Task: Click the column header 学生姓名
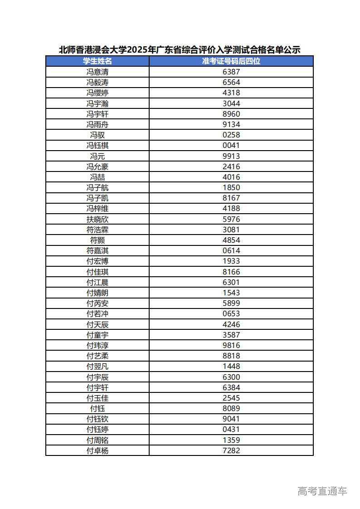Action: tap(97, 61)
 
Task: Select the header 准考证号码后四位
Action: tap(231, 61)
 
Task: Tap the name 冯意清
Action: tap(97, 72)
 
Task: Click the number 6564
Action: tap(231, 82)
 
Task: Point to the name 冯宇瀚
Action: tap(97, 103)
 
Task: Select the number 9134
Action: tap(231, 124)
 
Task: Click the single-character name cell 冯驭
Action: tap(97, 135)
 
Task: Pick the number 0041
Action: tap(231, 145)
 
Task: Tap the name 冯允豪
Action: tap(97, 166)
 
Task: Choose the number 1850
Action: tap(231, 187)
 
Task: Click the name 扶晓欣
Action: tap(97, 219)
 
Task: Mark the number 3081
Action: tap(231, 230)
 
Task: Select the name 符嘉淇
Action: tap(97, 250)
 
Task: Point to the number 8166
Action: tap(231, 272)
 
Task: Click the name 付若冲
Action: tap(97, 313)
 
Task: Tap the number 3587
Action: tap(231, 335)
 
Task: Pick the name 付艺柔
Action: tap(97, 356)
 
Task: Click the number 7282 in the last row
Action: tap(231, 450)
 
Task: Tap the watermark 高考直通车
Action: tap(322, 490)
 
